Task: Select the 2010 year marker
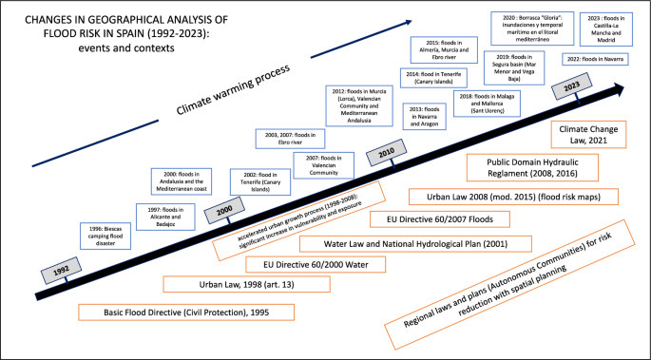pos(387,154)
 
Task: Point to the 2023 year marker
pos(572,89)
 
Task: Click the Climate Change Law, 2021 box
pos(581,132)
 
